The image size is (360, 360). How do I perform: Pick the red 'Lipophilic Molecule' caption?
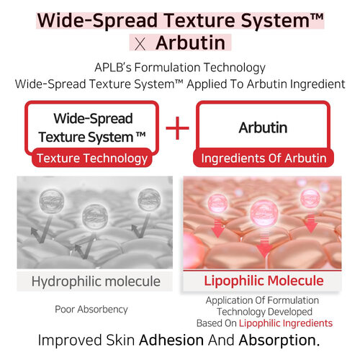[x=264, y=280]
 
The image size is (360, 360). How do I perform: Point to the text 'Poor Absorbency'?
[x=91, y=309]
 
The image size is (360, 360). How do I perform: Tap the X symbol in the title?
[x=141, y=44]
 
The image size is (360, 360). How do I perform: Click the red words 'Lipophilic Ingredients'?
[x=287, y=323]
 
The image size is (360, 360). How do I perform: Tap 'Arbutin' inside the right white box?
[x=263, y=128]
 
